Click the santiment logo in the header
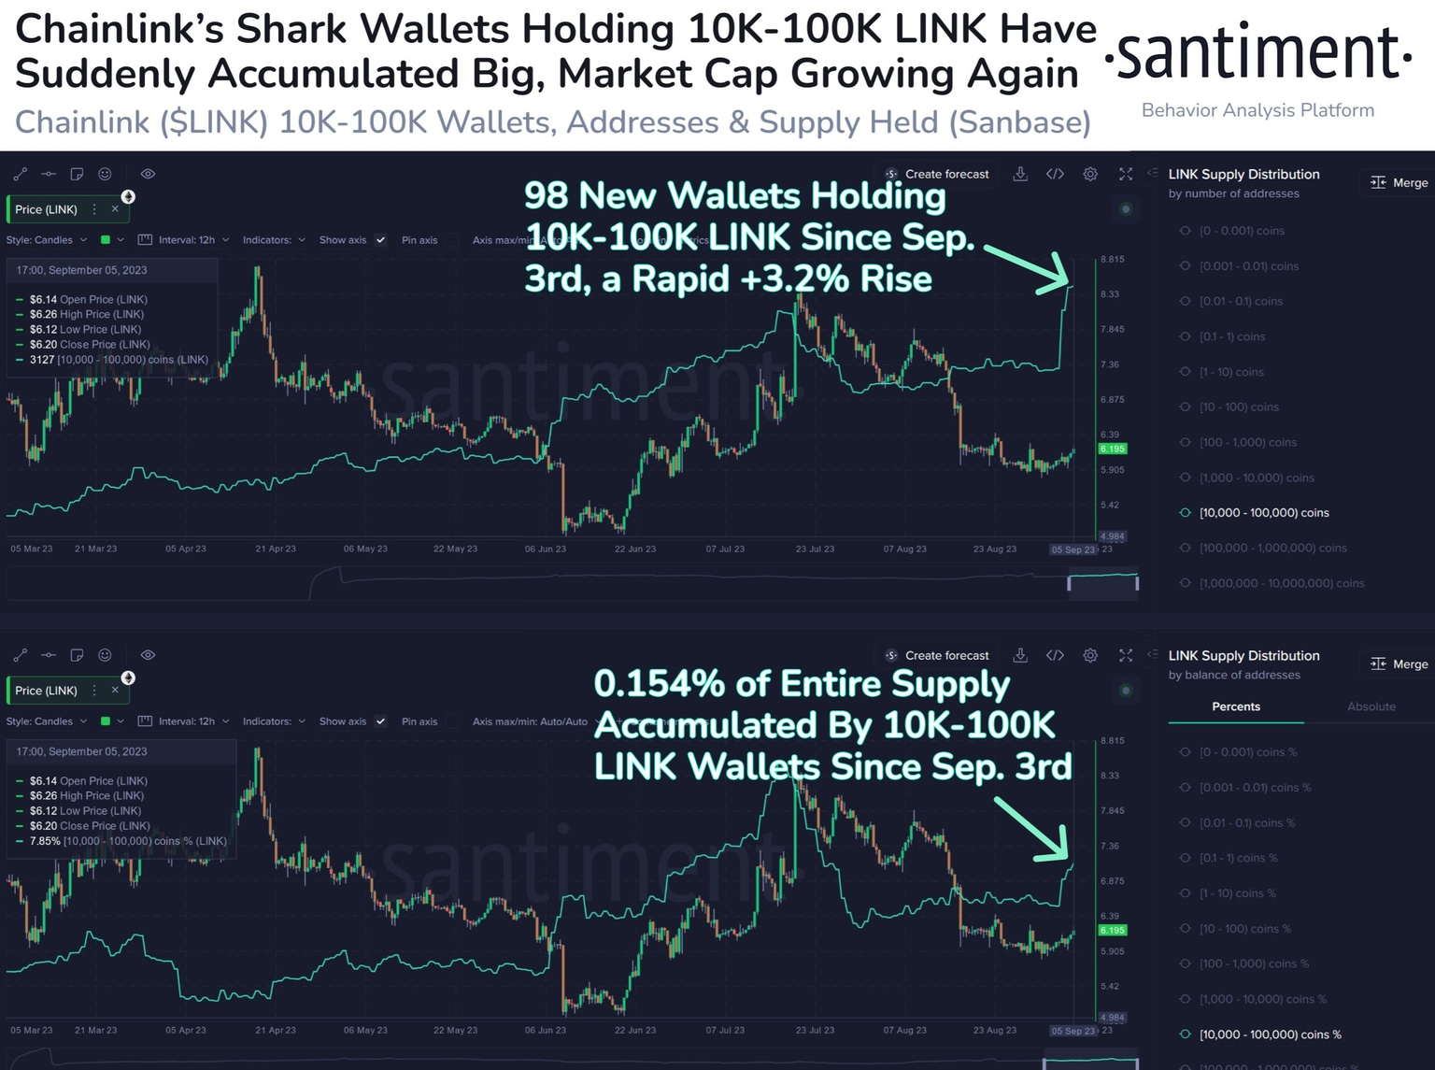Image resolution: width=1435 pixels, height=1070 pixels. pyautogui.click(x=1257, y=54)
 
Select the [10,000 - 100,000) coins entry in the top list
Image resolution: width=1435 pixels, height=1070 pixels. pyautogui.click(x=1263, y=513)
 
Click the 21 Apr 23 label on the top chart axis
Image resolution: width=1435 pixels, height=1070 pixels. pyautogui.click(x=276, y=549)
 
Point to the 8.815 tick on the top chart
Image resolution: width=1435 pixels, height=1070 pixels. pyautogui.click(x=1112, y=259)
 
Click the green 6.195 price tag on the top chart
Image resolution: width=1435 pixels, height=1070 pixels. pyautogui.click(x=1112, y=449)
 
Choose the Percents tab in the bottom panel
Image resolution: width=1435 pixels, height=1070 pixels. pyautogui.click(x=1235, y=706)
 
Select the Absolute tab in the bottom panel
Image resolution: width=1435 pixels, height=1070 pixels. pyautogui.click(x=1371, y=706)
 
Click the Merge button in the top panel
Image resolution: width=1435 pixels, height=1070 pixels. pyautogui.click(x=1399, y=182)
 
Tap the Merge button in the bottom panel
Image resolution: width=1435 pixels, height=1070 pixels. pyautogui.click(x=1399, y=663)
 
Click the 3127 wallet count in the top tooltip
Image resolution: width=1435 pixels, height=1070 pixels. pyautogui.click(x=42, y=360)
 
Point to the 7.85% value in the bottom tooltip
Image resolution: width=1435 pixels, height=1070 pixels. pyautogui.click(x=45, y=841)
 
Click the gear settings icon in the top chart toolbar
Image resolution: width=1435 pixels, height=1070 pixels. pyautogui.click(x=1090, y=174)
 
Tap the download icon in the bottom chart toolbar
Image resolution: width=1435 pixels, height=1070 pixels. pyautogui.click(x=1020, y=655)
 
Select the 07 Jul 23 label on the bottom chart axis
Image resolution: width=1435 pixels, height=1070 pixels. pyautogui.click(x=725, y=1030)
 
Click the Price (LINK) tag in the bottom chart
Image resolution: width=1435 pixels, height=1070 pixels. pyautogui.click(x=47, y=691)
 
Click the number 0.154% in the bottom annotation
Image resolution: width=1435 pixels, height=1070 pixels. pyautogui.click(x=659, y=684)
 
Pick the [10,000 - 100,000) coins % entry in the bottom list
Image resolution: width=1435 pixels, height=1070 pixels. pyautogui.click(x=1270, y=1034)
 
